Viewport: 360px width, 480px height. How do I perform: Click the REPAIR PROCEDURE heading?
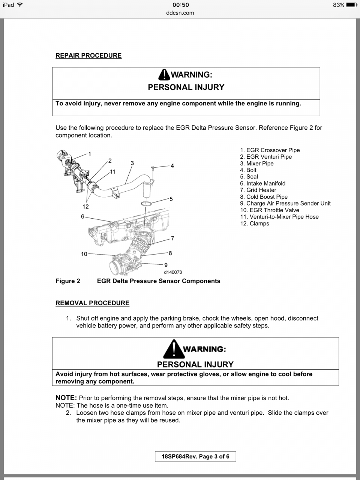(88, 55)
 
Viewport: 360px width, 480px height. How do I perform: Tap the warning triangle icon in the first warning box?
(164, 75)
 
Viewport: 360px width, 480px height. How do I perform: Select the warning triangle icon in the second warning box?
(173, 349)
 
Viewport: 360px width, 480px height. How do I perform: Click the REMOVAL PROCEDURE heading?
(92, 303)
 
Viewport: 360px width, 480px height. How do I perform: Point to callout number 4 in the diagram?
(172, 166)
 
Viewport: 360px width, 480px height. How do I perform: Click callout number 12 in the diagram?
(85, 207)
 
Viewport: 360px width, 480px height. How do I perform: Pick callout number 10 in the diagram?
(84, 254)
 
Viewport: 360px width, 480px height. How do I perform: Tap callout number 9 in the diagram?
(166, 265)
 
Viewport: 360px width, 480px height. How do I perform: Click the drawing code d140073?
(173, 272)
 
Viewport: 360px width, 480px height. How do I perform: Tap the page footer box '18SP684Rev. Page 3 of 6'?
(195, 456)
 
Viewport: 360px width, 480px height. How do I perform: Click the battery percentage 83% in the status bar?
(338, 5)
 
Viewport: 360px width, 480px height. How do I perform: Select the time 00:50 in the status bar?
(180, 5)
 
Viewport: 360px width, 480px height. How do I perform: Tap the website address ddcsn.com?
(180, 13)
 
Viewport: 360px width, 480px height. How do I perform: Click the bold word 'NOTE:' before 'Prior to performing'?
(66, 397)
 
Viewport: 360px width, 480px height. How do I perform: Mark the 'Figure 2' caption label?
(68, 281)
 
